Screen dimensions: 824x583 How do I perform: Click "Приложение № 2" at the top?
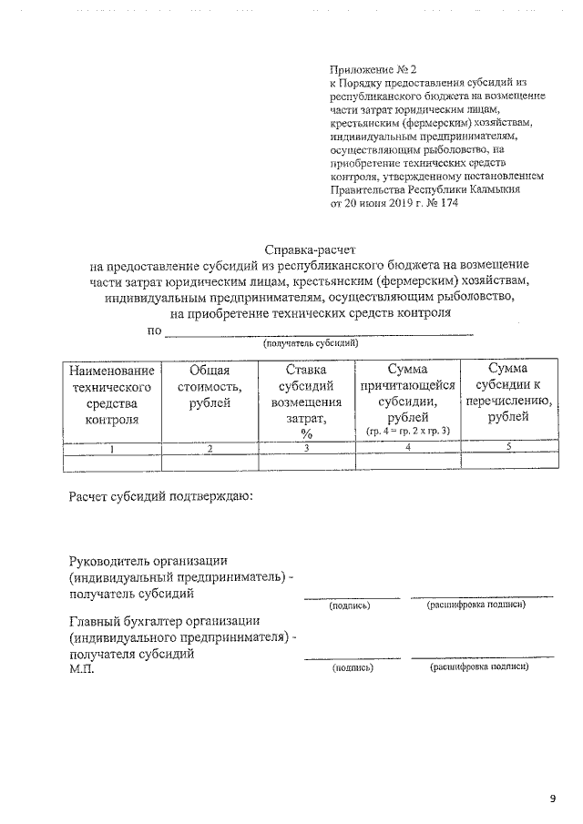[373, 69]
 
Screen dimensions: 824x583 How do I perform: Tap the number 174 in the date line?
[449, 203]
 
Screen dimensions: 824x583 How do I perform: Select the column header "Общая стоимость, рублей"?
[210, 386]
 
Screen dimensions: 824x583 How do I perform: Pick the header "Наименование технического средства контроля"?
[111, 394]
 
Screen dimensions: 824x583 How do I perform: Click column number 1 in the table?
[111, 447]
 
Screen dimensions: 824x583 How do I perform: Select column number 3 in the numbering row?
[307, 447]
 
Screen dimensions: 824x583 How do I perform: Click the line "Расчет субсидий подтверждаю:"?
[161, 497]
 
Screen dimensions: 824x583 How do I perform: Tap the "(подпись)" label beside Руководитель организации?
[351, 605]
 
